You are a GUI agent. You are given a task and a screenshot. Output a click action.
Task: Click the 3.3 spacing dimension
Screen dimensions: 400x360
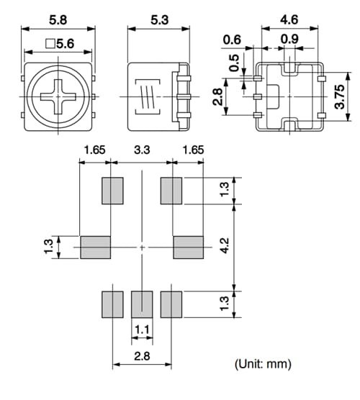point(143,152)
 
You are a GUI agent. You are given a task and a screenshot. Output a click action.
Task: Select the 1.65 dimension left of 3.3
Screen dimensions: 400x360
point(95,152)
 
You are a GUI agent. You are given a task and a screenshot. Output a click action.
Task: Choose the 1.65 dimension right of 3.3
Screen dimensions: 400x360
point(190,152)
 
